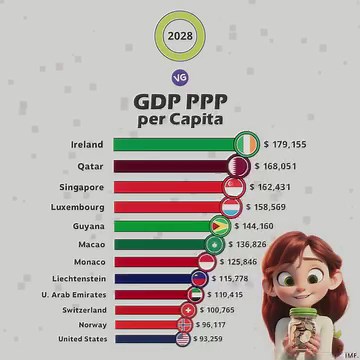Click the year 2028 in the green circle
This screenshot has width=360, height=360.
coord(180,39)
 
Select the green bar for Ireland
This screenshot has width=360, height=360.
coord(175,144)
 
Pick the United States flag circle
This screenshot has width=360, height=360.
coord(182,339)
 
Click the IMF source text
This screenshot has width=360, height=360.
coord(348,352)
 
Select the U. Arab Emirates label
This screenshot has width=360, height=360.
coord(71,295)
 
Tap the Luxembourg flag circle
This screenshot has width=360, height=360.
coord(229,207)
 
